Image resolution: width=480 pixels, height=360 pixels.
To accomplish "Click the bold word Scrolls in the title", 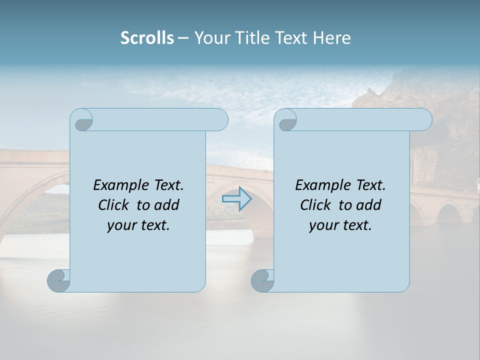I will (147, 38).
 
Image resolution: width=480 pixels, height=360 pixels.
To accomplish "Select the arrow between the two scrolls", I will (236, 199).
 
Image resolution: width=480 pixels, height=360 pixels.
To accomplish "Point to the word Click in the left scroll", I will (114, 205).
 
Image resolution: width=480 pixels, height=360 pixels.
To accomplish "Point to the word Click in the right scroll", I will (316, 205).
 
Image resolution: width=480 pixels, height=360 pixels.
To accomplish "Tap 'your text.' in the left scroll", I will (138, 225).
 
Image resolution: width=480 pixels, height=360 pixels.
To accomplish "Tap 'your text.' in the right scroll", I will (340, 225).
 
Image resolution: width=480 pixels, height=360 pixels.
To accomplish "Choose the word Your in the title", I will (212, 38).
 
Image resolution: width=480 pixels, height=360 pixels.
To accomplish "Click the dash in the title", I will (183, 38).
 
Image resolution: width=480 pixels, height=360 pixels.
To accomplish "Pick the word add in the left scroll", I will (167, 205).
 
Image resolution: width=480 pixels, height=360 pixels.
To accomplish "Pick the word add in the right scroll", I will (369, 205).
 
